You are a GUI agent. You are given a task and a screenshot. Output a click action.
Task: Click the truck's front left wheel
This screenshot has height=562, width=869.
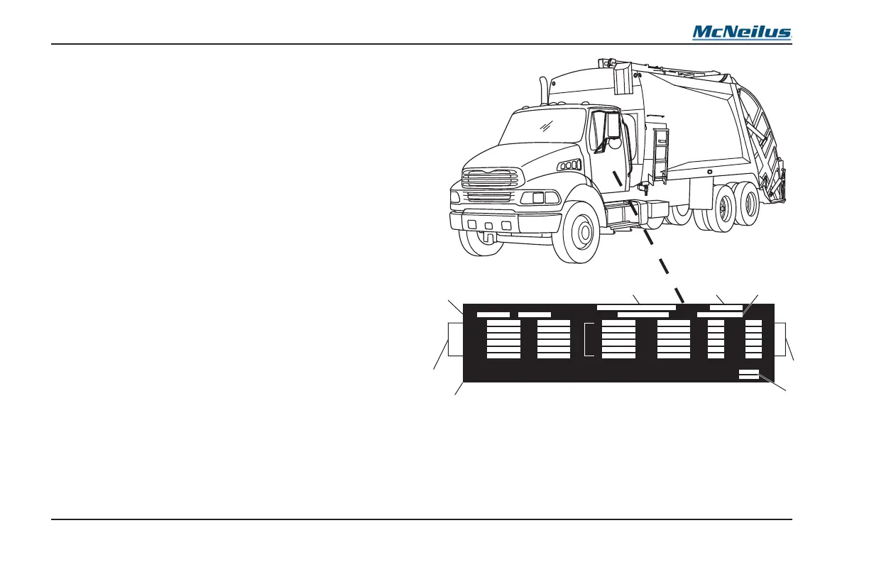pos(580,232)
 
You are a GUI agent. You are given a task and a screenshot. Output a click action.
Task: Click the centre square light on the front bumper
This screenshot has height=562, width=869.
pos(488,226)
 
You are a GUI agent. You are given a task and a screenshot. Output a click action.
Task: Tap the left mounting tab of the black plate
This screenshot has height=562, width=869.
pos(455,340)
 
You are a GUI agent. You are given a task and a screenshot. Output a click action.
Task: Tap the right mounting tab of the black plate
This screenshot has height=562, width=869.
pos(780,338)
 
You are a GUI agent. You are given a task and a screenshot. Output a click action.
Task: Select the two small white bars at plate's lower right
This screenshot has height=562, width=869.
pos(749,374)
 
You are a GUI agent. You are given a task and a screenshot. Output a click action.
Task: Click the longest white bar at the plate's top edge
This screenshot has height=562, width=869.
pos(635,307)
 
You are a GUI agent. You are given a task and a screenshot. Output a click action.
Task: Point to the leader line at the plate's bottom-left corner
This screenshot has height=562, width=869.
pos(459,389)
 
